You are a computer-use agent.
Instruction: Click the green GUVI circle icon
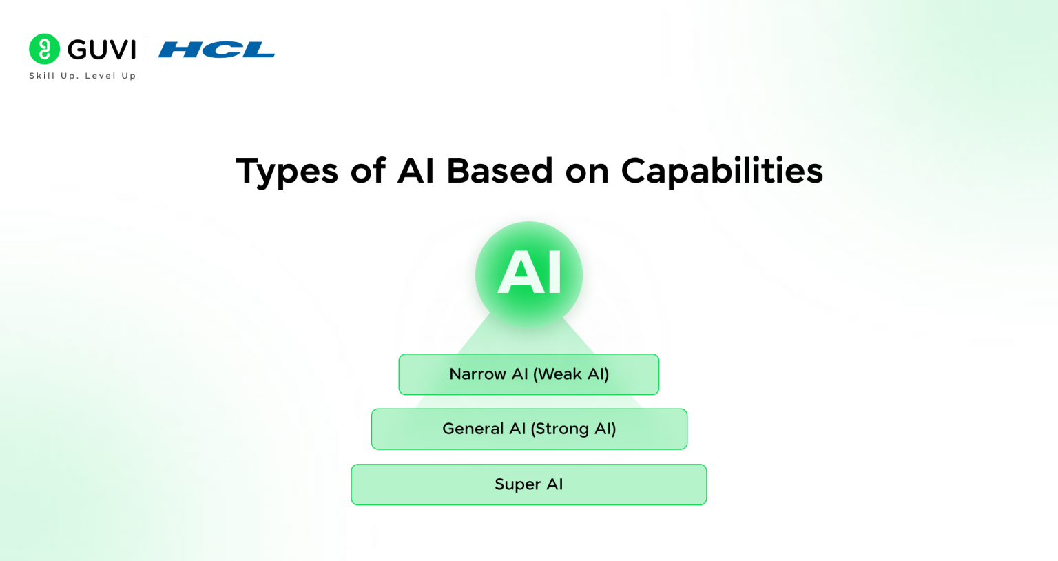click(45, 49)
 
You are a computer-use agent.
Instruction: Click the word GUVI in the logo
click(102, 50)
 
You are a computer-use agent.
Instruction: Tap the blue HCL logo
click(216, 50)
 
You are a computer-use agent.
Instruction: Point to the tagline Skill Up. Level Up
click(83, 76)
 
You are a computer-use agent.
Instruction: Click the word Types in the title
click(287, 172)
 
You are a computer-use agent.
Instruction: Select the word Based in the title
click(499, 170)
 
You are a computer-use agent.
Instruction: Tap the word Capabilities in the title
click(721, 172)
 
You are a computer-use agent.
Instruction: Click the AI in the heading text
click(416, 170)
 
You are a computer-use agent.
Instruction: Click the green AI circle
click(529, 274)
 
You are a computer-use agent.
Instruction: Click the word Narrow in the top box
click(477, 374)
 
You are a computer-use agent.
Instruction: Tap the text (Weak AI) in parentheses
click(571, 374)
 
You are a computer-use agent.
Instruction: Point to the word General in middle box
click(473, 429)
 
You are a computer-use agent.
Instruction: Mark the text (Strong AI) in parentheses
click(573, 429)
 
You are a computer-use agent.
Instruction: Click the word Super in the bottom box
click(517, 484)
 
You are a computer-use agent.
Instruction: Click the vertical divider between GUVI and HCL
click(147, 50)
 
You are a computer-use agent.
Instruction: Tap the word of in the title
click(368, 170)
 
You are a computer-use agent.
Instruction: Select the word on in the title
click(587, 170)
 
